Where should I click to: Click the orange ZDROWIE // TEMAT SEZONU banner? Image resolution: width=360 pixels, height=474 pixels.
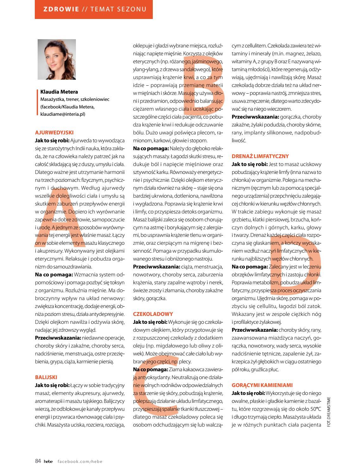94,9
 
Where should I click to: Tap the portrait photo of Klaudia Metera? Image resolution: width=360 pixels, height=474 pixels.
57,59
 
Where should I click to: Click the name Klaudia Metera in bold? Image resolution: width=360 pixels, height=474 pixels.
59,92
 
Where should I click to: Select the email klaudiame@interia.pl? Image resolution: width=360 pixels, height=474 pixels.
63,114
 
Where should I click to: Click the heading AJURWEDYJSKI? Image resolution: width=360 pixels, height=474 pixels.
54,133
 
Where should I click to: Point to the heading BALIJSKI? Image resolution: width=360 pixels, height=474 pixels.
46,377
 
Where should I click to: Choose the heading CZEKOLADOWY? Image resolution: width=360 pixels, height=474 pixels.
153,314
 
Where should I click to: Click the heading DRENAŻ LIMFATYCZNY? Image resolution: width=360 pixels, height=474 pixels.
260,156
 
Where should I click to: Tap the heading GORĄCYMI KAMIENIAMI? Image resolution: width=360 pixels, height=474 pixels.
262,385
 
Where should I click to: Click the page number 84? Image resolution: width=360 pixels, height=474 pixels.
38,461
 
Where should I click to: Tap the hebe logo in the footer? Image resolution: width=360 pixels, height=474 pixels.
48,461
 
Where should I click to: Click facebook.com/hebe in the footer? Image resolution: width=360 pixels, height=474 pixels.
80,461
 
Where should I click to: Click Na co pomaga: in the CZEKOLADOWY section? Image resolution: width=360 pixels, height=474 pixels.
150,369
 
